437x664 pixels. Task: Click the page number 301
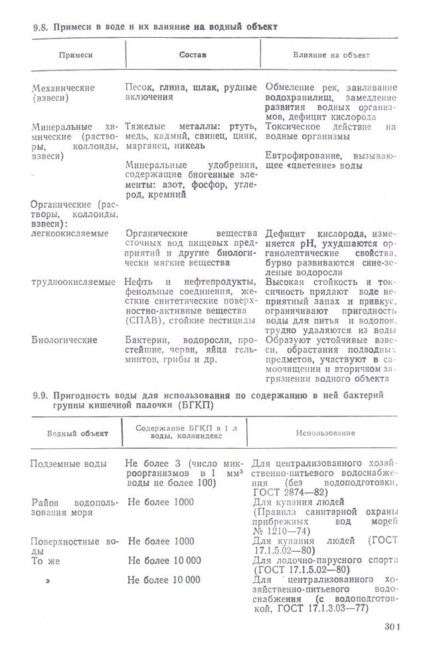[x=394, y=625]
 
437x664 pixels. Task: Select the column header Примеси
[x=74, y=54]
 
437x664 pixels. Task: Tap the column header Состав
[x=193, y=54]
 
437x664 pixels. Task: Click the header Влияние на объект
[x=331, y=54]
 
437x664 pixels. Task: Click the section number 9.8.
[x=41, y=27]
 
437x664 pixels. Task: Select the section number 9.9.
[x=41, y=396]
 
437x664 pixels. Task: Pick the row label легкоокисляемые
[x=70, y=234]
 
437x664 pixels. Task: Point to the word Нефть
[x=141, y=282]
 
